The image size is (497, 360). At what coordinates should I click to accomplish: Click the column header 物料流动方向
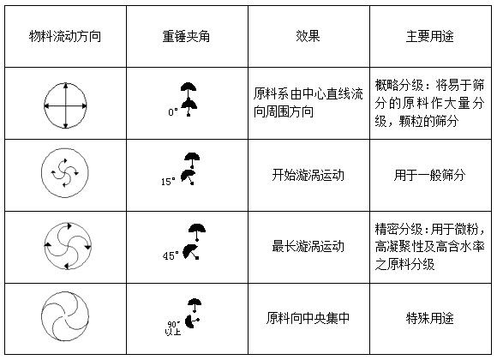[x=65, y=37]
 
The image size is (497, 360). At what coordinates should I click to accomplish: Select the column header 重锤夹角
[x=187, y=37]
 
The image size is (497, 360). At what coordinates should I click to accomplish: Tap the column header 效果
[x=308, y=36]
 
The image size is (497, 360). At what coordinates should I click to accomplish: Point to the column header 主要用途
[x=430, y=37]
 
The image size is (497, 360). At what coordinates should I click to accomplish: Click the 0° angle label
[x=173, y=112]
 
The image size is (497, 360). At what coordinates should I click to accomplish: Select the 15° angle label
[x=168, y=182]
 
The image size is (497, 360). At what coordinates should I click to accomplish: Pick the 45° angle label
[x=171, y=255]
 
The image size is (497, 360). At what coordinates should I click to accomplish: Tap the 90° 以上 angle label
[x=173, y=328]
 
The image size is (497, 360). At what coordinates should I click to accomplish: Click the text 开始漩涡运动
[x=308, y=175]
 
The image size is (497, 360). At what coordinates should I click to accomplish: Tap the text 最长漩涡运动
[x=308, y=247]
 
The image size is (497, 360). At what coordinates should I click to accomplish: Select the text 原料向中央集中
[x=308, y=318]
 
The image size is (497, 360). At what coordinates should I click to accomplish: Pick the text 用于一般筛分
[x=430, y=175]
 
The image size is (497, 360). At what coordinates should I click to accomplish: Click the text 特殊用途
[x=430, y=318]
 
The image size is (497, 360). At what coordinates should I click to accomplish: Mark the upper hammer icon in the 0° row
[x=189, y=89]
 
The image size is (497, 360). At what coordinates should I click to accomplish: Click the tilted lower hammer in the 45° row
[x=191, y=252]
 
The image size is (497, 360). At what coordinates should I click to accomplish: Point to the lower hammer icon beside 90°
[x=192, y=321]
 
